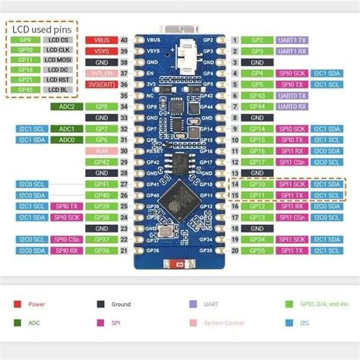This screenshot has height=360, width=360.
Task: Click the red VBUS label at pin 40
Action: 101,39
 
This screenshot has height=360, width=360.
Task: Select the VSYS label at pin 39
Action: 101,51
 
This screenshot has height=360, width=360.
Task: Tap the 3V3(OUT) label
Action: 101,85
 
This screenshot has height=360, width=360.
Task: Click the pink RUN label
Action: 101,151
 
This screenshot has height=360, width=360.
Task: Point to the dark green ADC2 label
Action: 67,106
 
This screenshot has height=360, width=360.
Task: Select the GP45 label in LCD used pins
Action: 25,90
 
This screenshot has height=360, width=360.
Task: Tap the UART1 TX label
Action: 291,39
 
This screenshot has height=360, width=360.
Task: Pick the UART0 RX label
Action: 291,106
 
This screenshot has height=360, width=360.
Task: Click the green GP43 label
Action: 257,96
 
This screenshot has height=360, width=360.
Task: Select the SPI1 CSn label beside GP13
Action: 291,217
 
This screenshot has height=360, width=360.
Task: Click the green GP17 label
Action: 257,162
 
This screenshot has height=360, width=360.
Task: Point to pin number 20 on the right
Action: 235,250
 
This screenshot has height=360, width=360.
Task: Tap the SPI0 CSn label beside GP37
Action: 67,239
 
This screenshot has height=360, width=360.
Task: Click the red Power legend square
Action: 17,304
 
